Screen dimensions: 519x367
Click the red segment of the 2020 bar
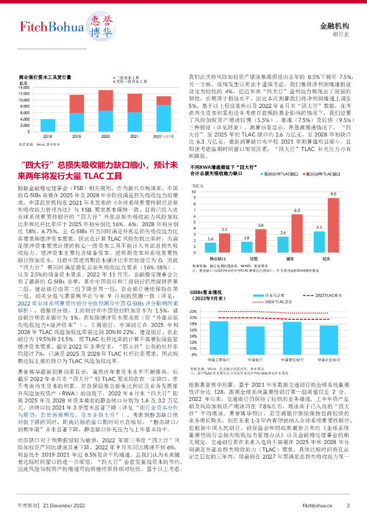pos(105,100)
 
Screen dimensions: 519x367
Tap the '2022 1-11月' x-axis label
pos(163,136)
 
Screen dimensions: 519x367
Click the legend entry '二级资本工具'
pos(130,77)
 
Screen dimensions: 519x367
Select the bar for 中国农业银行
pos(321,339)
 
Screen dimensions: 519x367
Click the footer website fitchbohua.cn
pos(317,505)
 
